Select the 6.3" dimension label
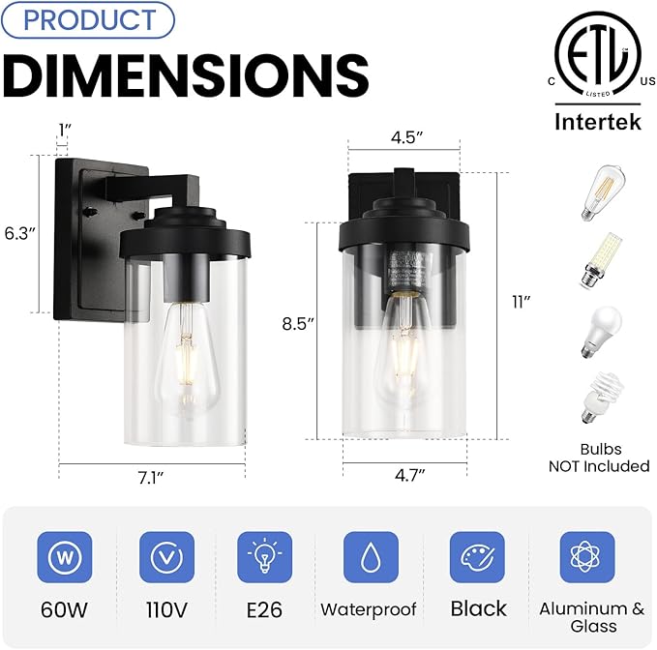click(x=19, y=232)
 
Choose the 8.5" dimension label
click(x=300, y=324)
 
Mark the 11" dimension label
click(x=522, y=302)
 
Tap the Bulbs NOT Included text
click(x=600, y=458)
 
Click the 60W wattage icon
click(x=65, y=557)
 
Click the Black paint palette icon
click(x=477, y=557)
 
